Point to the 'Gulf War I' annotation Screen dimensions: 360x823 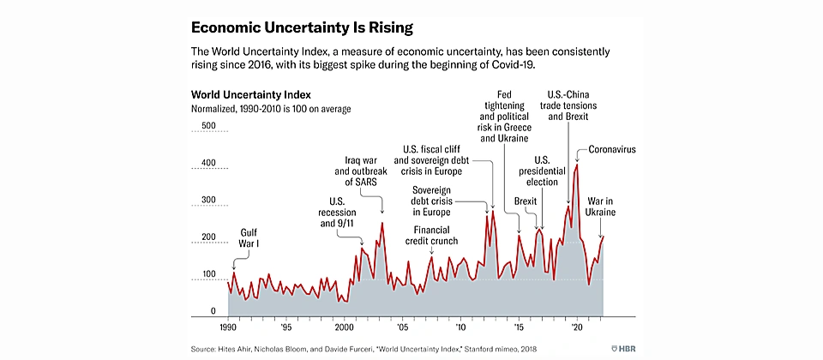pyautogui.click(x=249, y=237)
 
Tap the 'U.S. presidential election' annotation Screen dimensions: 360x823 pyautogui.click(x=542, y=171)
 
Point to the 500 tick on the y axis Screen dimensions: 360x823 pyautogui.click(x=207, y=126)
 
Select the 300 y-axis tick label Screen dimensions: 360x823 pyautogui.click(x=207, y=201)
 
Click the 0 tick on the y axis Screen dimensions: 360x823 pyautogui.click(x=213, y=311)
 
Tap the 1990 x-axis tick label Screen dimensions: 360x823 pyautogui.click(x=228, y=327)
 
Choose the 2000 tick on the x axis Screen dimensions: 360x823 pyautogui.click(x=344, y=327)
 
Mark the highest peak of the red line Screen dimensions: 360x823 pyautogui.click(x=577, y=165)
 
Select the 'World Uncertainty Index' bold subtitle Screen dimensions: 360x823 pyautogui.click(x=250, y=93)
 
